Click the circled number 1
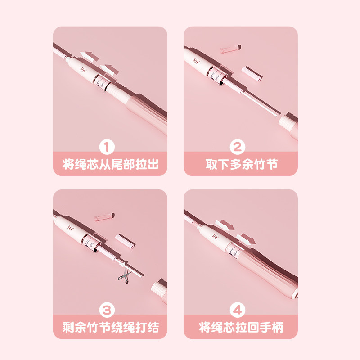107,147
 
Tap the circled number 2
238,147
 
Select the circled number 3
107,310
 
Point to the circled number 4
238,310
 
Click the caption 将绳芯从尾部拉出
110,164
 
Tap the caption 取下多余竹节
242,164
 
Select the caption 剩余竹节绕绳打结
111,327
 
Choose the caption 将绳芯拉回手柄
241,327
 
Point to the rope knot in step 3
123,264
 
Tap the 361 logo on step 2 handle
196,61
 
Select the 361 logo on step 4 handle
215,236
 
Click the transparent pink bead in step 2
230,49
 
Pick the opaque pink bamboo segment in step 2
252,74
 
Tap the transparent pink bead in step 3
104,217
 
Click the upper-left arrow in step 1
89,56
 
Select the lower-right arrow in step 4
246,239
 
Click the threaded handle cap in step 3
159,287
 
